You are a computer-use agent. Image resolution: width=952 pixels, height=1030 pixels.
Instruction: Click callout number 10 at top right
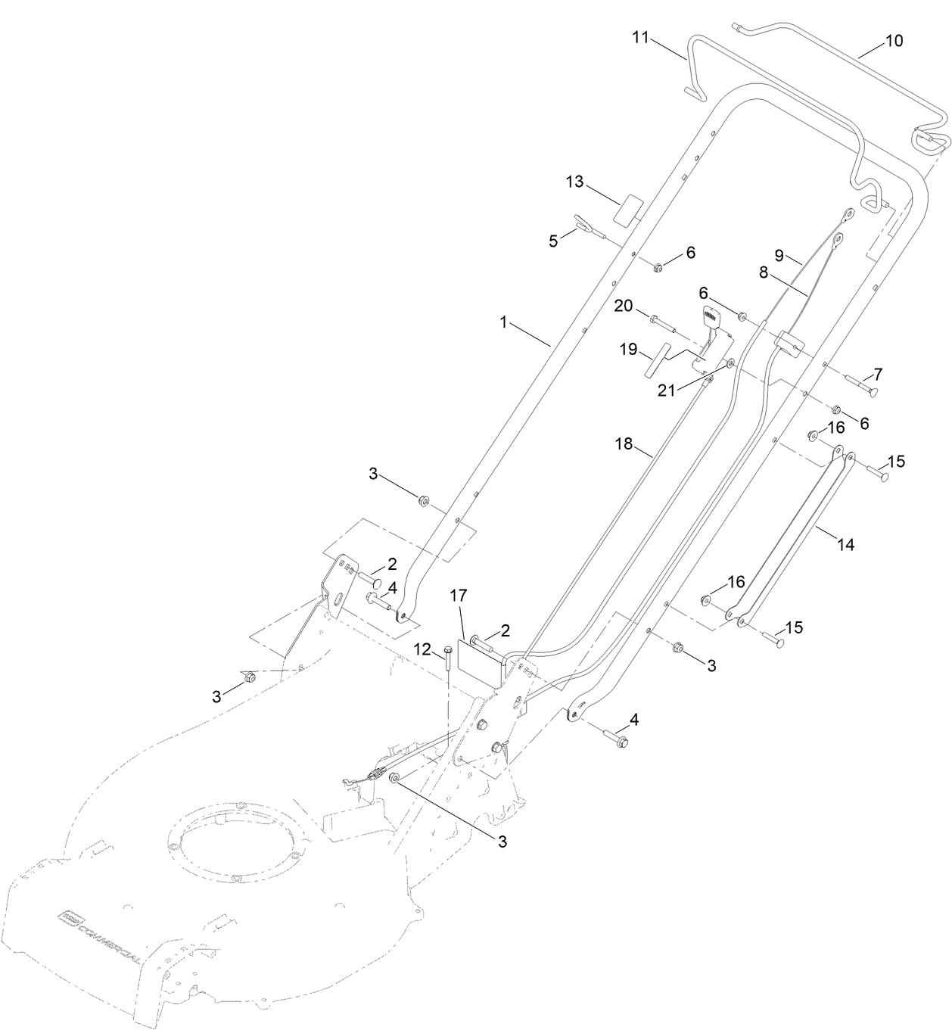tap(894, 41)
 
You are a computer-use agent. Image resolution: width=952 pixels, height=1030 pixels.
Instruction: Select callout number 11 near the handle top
tap(641, 38)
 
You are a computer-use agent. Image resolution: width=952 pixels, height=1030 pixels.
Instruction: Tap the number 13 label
tap(575, 182)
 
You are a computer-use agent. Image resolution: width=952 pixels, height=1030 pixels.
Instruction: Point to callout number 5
tap(554, 241)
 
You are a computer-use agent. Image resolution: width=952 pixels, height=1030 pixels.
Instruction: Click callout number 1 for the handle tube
tap(502, 322)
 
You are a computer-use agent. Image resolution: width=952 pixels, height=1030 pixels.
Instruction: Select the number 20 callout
tap(623, 305)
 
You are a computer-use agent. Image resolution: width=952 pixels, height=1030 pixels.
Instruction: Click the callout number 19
tap(629, 350)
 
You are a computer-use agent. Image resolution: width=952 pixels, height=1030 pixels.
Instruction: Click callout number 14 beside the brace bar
tap(845, 544)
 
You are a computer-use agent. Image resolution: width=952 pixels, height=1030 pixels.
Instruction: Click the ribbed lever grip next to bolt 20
tap(714, 322)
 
